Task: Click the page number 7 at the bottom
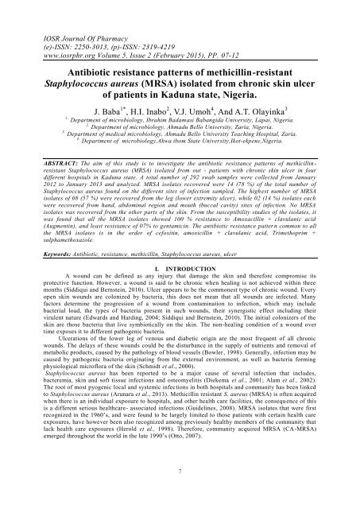tap(180, 493)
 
